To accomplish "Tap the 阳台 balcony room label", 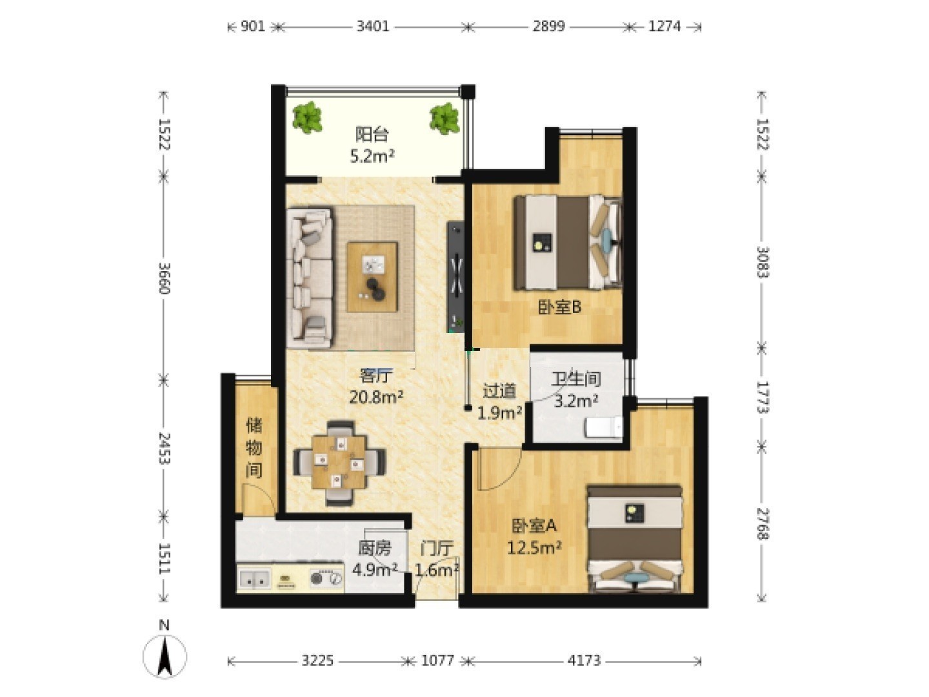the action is click(372, 135).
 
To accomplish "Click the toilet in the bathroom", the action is click(604, 427).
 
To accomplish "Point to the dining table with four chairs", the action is click(339, 463).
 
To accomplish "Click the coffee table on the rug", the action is click(372, 278).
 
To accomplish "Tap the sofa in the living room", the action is click(310, 278).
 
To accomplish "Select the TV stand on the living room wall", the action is click(455, 277).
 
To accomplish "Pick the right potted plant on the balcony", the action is click(445, 119).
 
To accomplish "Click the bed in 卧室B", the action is click(568, 243).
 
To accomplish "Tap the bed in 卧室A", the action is click(634, 540).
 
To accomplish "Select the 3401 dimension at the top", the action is click(372, 26).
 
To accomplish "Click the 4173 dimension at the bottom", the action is click(584, 660).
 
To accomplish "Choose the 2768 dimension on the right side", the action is click(762, 523).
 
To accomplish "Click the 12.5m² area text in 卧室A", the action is click(534, 548).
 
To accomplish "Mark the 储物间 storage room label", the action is click(254, 448).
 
